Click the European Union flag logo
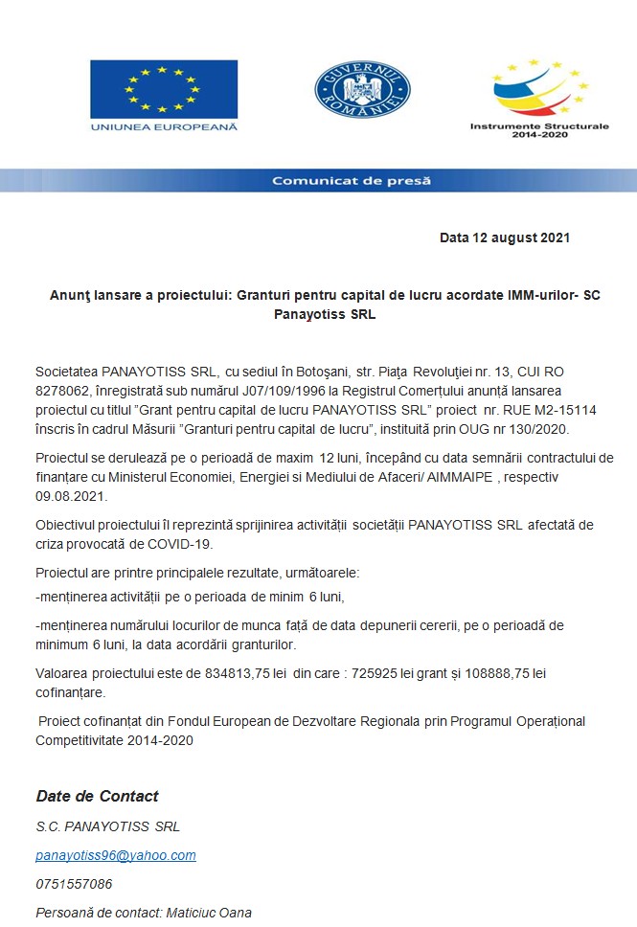[164, 89]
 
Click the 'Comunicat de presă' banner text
[351, 180]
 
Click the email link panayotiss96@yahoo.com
[116, 855]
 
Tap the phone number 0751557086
[74, 884]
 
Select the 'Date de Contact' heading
[97, 797]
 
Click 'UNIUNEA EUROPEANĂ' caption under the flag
[164, 125]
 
